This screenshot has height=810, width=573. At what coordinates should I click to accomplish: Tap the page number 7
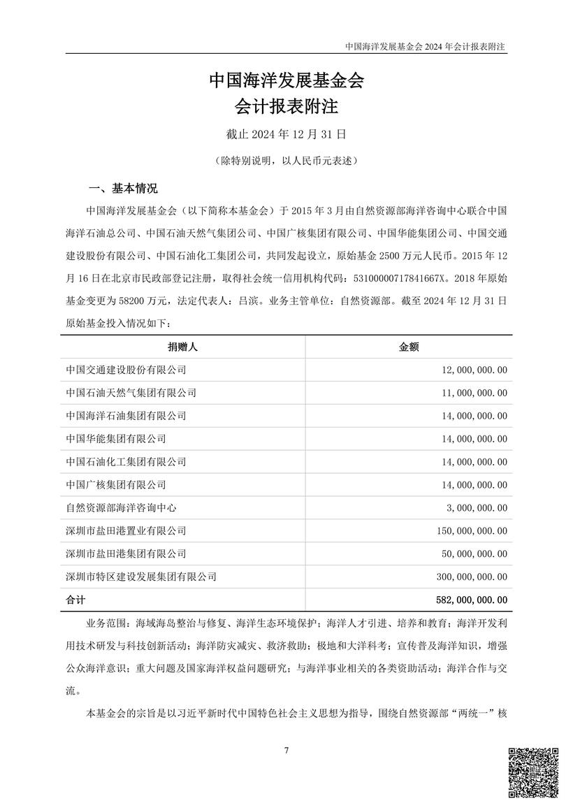(x=286, y=750)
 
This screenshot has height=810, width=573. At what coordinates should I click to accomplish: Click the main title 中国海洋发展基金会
(x=286, y=81)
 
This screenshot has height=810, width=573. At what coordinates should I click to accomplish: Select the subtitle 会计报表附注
(x=286, y=107)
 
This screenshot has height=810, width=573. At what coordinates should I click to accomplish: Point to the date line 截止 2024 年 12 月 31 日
(x=286, y=133)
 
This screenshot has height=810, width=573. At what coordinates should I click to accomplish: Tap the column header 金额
(x=408, y=346)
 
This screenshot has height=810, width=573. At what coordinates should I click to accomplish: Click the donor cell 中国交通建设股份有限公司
(x=126, y=369)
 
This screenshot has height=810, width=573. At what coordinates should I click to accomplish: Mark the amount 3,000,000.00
(x=474, y=507)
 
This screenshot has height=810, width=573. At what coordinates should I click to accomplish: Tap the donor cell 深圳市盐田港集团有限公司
(x=126, y=554)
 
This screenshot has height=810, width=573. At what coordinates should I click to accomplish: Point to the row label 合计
(x=74, y=600)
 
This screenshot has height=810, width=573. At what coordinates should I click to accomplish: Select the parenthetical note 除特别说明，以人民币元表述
(x=286, y=161)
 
